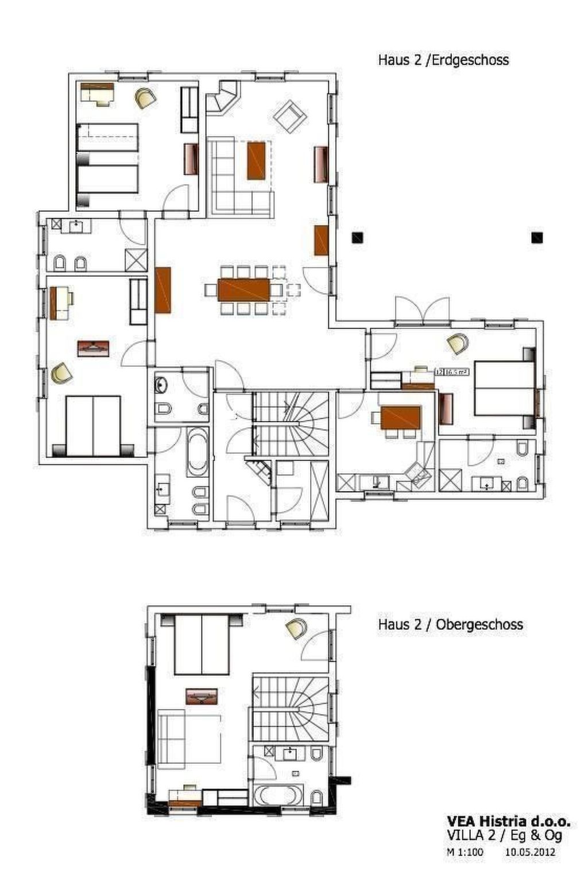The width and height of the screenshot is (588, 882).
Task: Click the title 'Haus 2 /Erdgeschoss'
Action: point(443,60)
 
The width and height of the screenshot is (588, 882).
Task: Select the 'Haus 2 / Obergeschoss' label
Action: point(450,624)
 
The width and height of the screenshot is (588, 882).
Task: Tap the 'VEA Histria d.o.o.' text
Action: point(508,822)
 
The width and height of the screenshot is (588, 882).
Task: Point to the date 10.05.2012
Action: point(530,852)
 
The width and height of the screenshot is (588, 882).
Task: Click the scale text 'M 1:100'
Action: point(465,852)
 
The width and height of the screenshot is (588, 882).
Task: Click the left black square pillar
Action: point(357,237)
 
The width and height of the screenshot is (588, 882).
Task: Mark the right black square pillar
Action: point(537,237)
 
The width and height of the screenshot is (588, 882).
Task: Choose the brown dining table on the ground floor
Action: point(243,289)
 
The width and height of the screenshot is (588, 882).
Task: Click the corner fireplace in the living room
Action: point(223,96)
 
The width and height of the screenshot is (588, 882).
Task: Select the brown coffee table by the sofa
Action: point(256,161)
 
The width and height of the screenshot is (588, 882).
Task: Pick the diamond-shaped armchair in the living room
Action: point(291,116)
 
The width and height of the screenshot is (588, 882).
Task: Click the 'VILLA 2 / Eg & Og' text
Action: point(504,836)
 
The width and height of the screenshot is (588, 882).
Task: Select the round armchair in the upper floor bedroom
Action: point(296,629)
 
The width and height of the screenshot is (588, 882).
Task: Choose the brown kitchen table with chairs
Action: point(401,418)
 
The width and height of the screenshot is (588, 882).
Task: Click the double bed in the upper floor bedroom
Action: point(202,644)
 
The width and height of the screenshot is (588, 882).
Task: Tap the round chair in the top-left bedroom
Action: point(145,98)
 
